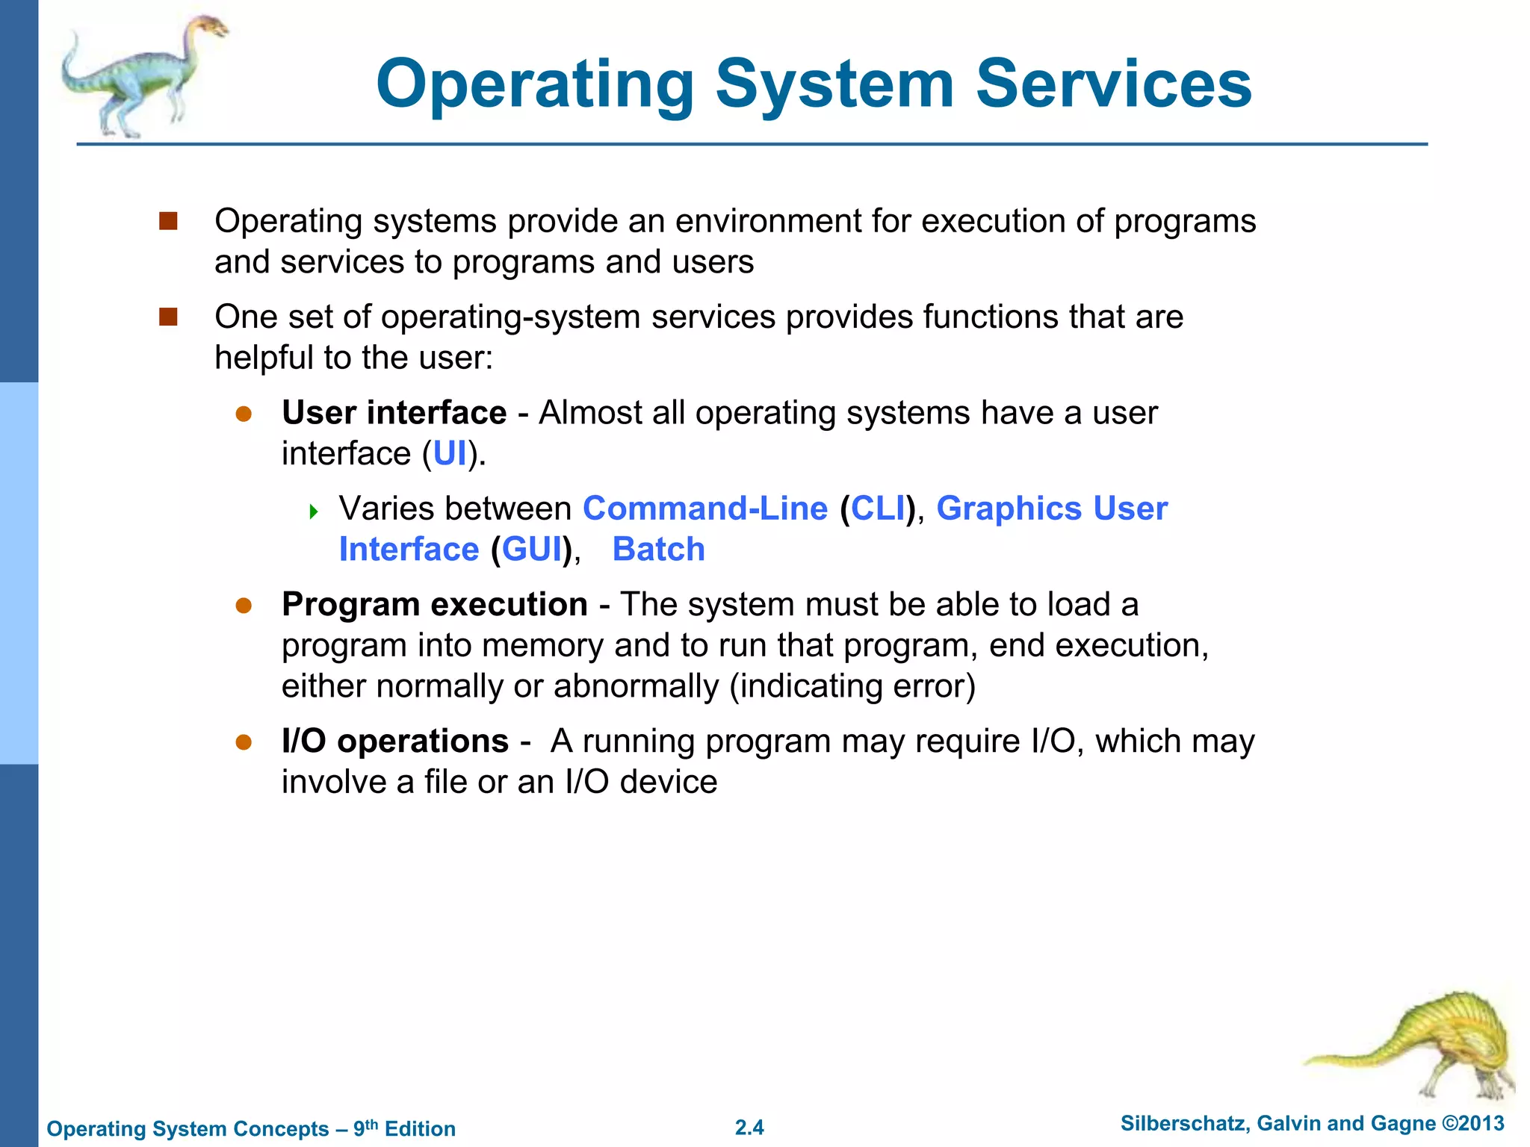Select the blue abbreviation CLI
click(878, 509)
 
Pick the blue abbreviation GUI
click(531, 550)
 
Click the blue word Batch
click(658, 550)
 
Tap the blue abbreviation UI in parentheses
click(450, 454)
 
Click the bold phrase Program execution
click(434, 604)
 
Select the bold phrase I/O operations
click(394, 742)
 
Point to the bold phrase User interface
click(394, 413)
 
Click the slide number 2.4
click(749, 1128)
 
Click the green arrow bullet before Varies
click(314, 512)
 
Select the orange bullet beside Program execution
click(244, 605)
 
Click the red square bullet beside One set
click(168, 317)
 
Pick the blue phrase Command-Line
click(704, 509)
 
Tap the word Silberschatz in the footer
click(1183, 1124)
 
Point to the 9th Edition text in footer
click(404, 1128)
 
